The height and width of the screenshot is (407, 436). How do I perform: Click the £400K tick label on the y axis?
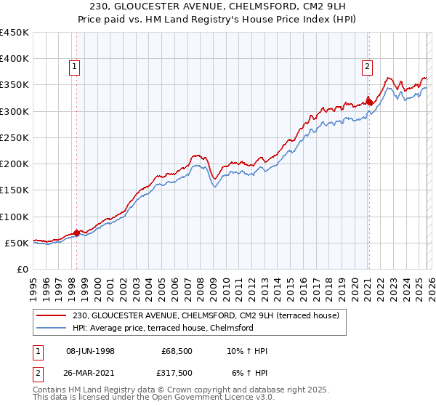[x=15, y=59]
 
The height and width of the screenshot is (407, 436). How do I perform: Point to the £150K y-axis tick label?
[x=15, y=190]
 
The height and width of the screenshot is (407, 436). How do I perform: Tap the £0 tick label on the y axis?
[x=22, y=269]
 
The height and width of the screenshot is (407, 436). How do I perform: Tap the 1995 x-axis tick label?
[x=33, y=286]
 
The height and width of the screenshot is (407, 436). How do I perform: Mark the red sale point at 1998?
[x=76, y=233]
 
